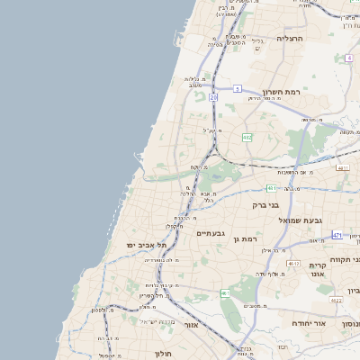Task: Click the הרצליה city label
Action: click(291, 39)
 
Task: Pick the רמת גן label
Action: click(245, 238)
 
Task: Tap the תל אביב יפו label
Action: click(148, 245)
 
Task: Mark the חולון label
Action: click(162, 353)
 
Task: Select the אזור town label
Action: click(190, 324)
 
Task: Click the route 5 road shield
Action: click(237, 88)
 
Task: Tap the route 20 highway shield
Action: click(213, 96)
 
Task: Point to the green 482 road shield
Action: click(247, 138)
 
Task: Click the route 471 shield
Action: click(337, 235)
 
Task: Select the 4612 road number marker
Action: click(292, 264)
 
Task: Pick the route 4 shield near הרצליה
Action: click(347, 58)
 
